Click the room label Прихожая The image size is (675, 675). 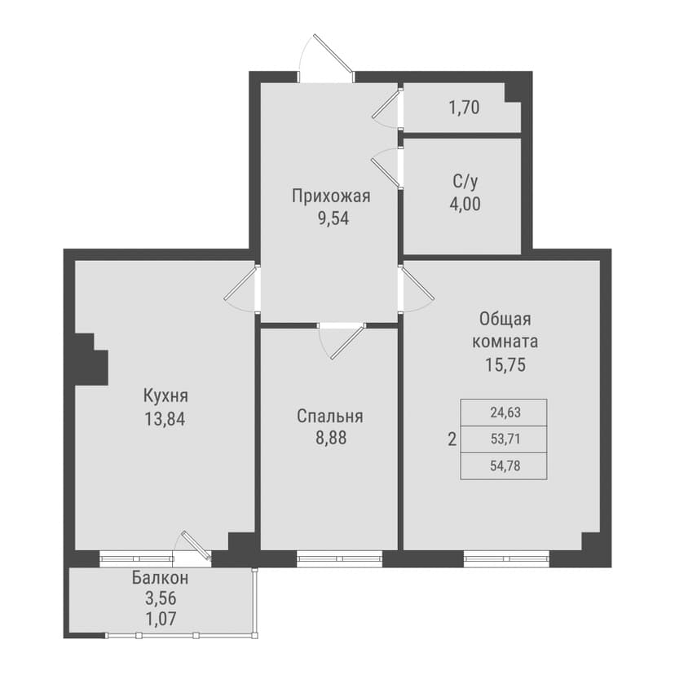point(331,196)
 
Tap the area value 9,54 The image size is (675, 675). point(333,218)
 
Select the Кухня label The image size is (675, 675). point(165,395)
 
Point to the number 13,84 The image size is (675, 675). point(165,419)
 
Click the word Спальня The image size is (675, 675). point(330,417)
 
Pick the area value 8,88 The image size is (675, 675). point(331,439)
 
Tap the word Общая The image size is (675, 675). point(505,320)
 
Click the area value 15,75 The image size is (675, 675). point(505,365)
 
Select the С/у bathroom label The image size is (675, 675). point(465,182)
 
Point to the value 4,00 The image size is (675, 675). point(465,204)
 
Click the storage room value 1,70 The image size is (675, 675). point(464,108)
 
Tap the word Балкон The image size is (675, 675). point(160,578)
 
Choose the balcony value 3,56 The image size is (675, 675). point(161,598)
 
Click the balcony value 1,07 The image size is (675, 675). point(161,619)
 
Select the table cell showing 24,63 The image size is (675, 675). point(504,412)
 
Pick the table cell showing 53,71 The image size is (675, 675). point(504,439)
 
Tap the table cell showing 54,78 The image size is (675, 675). point(504,466)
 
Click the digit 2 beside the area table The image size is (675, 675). point(452,440)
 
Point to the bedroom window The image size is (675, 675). point(340,558)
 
